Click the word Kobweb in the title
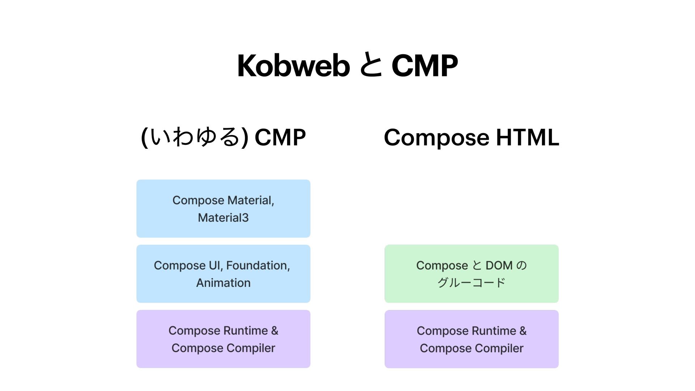click(x=293, y=66)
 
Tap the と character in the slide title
click(x=371, y=66)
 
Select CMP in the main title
click(x=425, y=66)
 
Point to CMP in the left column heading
click(x=280, y=137)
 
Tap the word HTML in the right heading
click(x=527, y=137)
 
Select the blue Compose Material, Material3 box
click(x=223, y=209)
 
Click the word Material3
click(x=223, y=218)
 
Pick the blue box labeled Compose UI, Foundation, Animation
click(x=223, y=274)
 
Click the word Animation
click(x=223, y=283)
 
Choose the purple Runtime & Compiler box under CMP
click(x=223, y=339)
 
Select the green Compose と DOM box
click(x=471, y=274)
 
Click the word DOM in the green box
click(x=499, y=265)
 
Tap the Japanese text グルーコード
click(x=471, y=283)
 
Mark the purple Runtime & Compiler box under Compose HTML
click(x=471, y=339)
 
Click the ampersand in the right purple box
click(x=523, y=331)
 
